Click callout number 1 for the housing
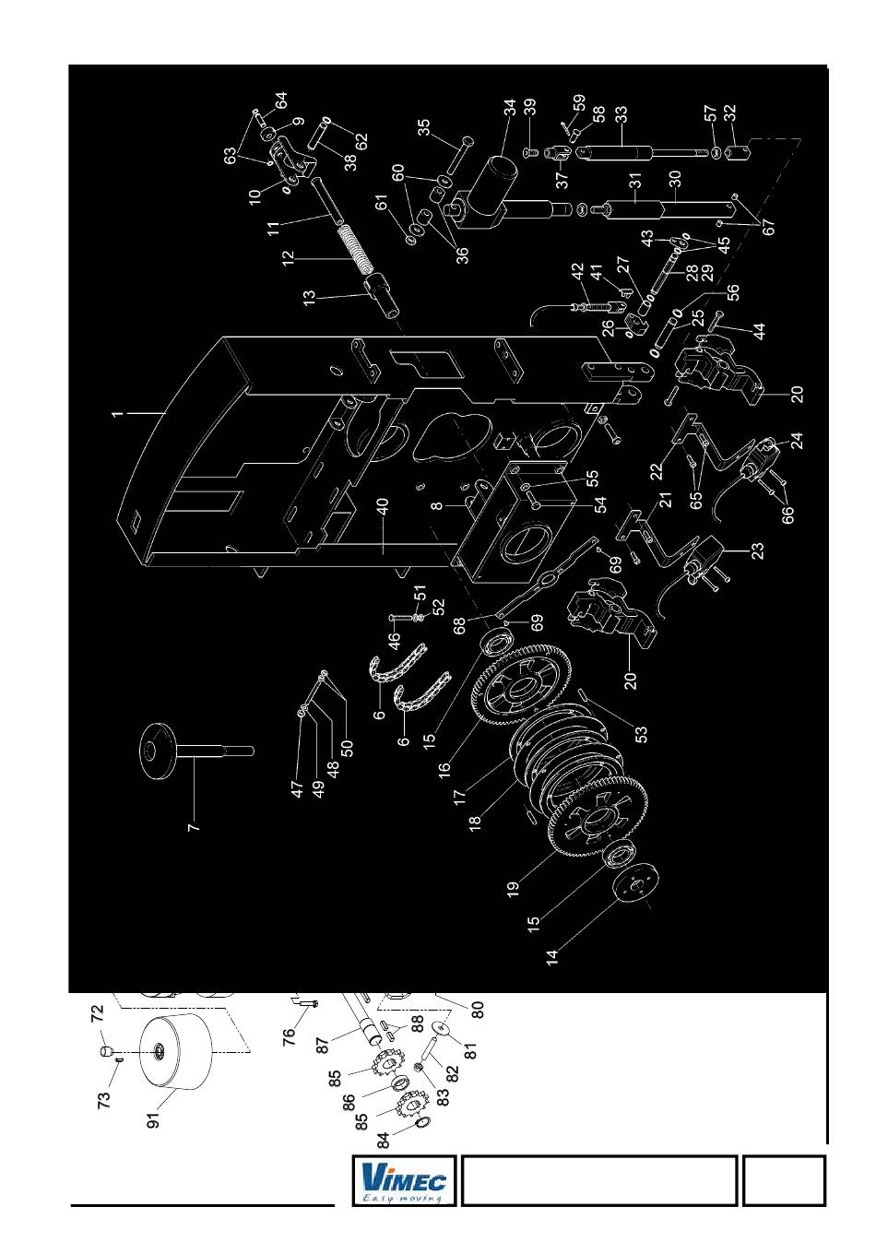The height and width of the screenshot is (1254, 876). click(117, 414)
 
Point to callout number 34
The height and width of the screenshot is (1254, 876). click(510, 109)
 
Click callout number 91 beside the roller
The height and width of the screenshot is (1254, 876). click(154, 1118)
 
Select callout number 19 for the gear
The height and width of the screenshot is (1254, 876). click(513, 888)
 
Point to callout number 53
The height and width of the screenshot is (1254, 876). click(642, 734)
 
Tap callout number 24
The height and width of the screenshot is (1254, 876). click(797, 440)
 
